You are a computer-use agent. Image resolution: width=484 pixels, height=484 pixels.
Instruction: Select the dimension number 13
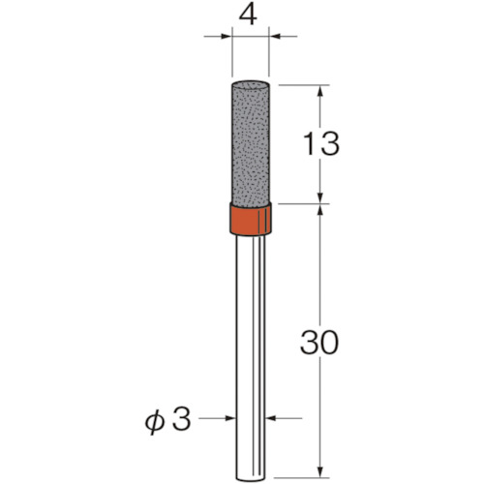(321, 143)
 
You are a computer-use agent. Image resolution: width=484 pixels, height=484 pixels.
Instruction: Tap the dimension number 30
(319, 342)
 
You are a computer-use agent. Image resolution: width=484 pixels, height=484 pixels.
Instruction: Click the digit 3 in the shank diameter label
(181, 419)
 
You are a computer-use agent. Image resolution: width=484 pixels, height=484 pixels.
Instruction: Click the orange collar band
(251, 220)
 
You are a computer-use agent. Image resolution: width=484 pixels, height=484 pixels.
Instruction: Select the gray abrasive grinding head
(251, 143)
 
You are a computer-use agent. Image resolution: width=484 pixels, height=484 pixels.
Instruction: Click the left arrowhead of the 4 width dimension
(227, 37)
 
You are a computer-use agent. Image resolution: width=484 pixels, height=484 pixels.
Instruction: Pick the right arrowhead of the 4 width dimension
(274, 37)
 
